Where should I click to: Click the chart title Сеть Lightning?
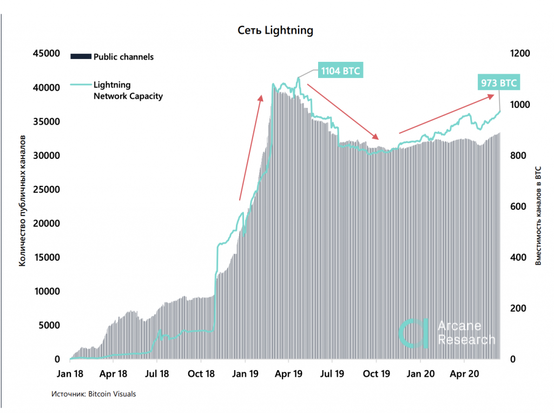click(275, 30)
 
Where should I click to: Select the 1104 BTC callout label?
click(341, 71)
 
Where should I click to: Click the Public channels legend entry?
click(123, 56)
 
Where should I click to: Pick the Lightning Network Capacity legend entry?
click(128, 91)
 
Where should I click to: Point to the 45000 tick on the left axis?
click(47, 54)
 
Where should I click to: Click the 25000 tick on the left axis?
click(47, 190)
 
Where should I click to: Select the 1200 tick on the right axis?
click(520, 54)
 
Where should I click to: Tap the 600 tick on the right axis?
click(518, 206)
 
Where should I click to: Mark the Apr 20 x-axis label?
click(465, 373)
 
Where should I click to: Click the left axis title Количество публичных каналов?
click(22, 206)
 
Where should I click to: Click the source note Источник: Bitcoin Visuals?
click(94, 394)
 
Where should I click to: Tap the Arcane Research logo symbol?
click(413, 332)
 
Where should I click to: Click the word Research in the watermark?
click(466, 340)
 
